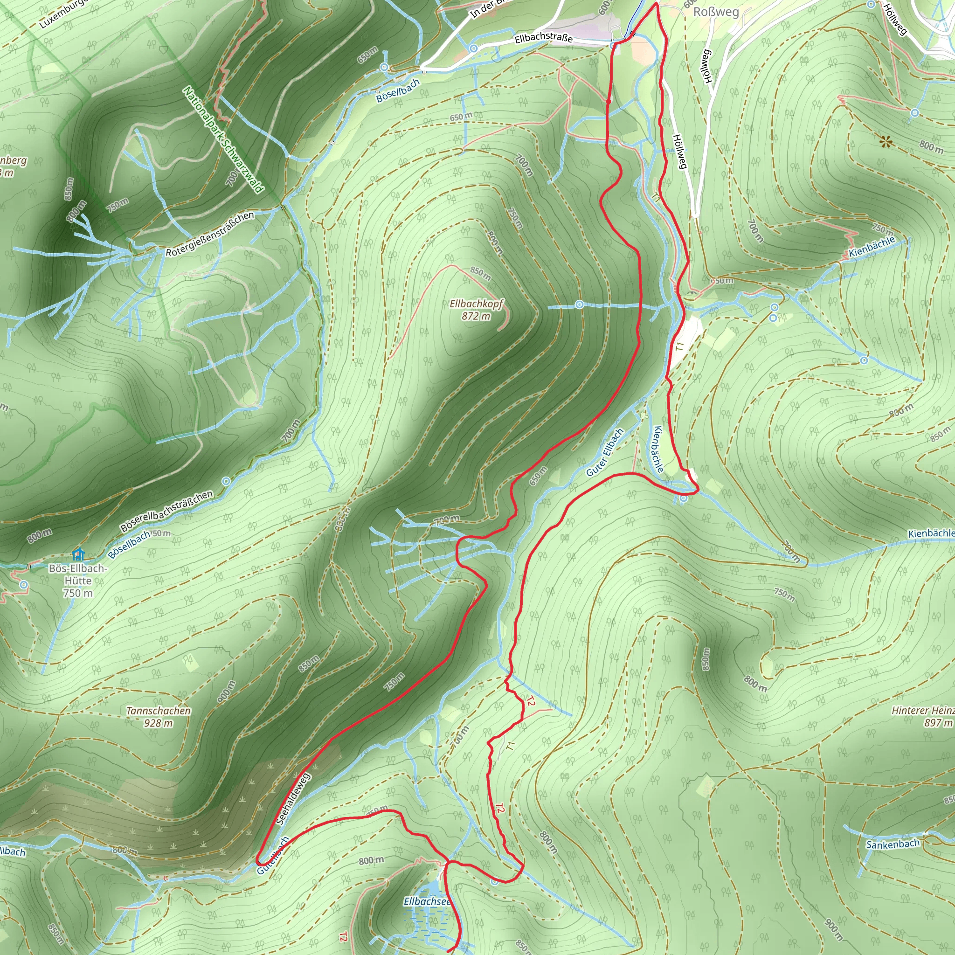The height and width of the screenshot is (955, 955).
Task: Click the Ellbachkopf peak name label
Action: point(476,304)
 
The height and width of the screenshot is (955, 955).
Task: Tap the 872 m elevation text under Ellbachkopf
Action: point(476,316)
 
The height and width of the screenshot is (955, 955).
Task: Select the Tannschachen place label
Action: point(159,711)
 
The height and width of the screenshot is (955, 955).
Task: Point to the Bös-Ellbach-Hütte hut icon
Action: point(78,554)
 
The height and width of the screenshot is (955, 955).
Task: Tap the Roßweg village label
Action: point(716,12)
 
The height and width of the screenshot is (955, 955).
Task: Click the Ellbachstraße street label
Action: point(543,38)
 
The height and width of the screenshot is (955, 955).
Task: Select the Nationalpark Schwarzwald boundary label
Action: point(223,140)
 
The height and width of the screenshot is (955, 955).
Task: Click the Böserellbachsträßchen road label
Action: point(166,511)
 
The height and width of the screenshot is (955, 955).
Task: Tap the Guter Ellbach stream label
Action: point(605,453)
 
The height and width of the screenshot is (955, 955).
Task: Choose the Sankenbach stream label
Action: point(893,844)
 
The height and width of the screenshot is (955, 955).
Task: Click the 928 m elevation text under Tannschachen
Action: point(158,723)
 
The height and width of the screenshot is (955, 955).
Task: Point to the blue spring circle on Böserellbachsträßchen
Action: point(226,481)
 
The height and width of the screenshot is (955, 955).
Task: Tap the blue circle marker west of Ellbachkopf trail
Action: point(579,304)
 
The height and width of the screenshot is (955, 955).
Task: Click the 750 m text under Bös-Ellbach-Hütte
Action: point(77,593)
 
